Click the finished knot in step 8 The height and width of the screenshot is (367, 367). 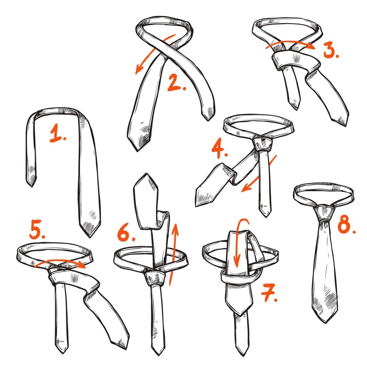click(x=325, y=213)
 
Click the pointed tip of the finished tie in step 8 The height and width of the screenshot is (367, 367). click(x=326, y=323)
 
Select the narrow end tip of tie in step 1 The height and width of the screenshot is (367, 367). click(x=32, y=187)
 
